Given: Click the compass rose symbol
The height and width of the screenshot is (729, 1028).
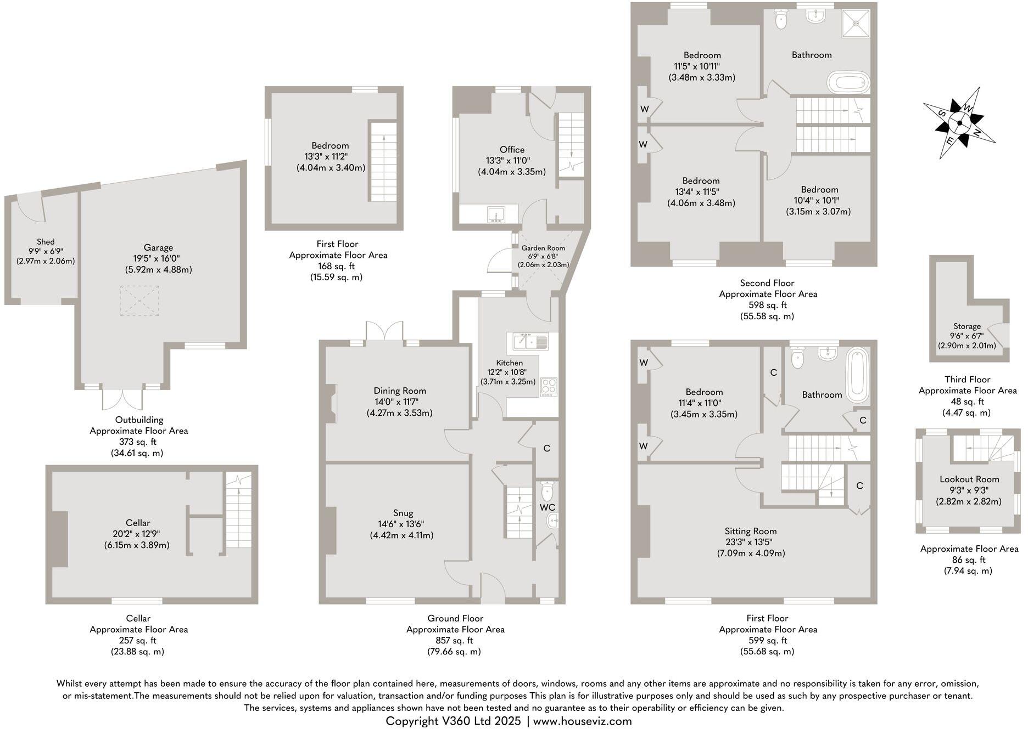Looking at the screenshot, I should point(959,123).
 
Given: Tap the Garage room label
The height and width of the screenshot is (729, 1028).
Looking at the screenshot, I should point(158,247).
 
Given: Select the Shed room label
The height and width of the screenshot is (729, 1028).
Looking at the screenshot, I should point(46,241).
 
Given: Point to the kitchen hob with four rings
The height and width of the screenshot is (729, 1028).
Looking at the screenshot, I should point(549,387).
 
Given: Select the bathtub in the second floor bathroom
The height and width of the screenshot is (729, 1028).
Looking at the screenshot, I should point(848,83).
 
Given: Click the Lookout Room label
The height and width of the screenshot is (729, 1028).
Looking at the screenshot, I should point(969,479).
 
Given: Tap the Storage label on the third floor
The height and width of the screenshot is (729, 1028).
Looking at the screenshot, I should point(966,326).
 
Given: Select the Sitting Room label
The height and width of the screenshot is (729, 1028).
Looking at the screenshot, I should point(750,531).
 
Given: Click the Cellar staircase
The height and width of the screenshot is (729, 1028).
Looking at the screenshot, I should point(238,510).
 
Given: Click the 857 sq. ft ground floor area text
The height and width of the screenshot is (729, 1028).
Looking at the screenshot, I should point(455,640).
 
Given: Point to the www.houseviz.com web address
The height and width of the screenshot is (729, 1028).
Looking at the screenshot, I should point(582,721).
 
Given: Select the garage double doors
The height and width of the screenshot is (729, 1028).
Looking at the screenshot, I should point(123,399).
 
